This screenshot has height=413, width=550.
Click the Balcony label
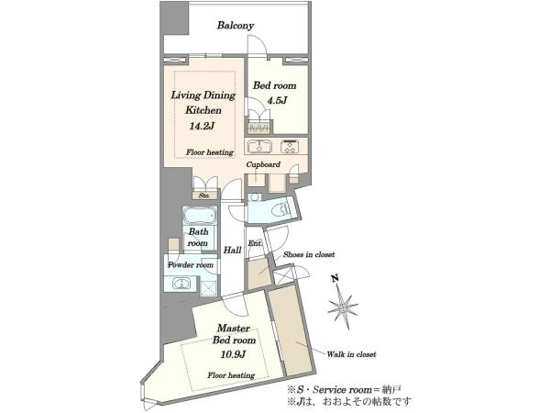tap(236, 26)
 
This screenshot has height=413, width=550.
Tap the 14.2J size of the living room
tap(202, 126)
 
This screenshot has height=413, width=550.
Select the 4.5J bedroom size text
tap(278, 100)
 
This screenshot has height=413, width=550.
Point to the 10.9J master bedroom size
tap(233, 354)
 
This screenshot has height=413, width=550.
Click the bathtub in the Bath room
tap(200, 215)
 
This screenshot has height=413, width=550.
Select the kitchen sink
tap(259, 147)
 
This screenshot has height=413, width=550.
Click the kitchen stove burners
tap(290, 147)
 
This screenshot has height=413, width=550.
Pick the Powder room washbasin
tap(181, 283)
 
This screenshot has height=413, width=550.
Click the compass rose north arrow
tap(343, 307)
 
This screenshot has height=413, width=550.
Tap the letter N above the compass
tap(335, 278)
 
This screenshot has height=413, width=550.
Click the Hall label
tap(232, 250)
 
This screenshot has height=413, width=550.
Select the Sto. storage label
tap(204, 195)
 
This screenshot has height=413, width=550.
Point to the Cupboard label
tap(263, 164)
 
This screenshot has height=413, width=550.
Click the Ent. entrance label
tap(255, 243)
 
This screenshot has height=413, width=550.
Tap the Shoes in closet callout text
tap(309, 254)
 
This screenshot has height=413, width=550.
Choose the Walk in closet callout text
tap(351, 354)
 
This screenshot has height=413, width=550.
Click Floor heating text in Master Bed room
tap(231, 375)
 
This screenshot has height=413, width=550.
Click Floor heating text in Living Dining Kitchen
tap(209, 152)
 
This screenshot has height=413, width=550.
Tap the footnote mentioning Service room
tap(344, 389)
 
